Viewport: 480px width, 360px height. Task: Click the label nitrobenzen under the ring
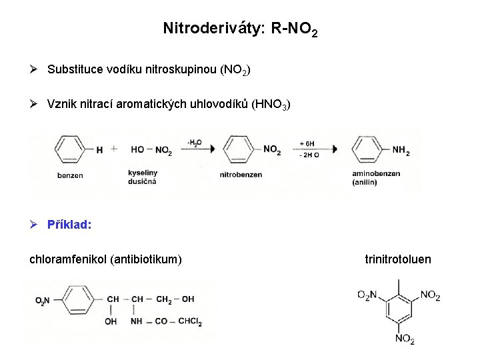click(241, 175)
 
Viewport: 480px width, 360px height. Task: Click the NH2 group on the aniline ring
click(401, 152)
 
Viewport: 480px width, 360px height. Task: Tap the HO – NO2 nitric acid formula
click(151, 151)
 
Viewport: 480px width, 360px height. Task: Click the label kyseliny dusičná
click(142, 177)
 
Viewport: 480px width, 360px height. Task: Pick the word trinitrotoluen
click(398, 259)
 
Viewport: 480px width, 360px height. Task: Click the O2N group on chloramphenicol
click(42, 300)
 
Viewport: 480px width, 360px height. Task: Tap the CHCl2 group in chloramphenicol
click(189, 321)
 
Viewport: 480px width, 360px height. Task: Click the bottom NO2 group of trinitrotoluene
click(405, 339)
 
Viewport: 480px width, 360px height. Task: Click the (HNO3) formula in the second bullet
click(271, 105)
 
